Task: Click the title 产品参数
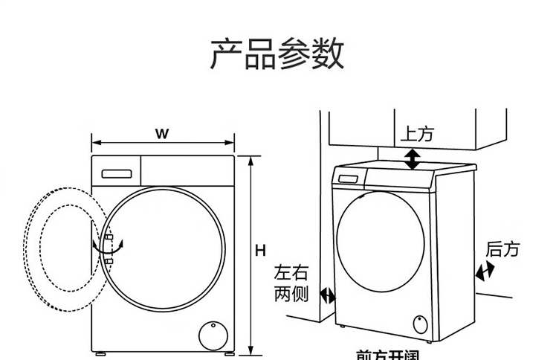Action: coord(277,55)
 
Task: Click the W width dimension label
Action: coord(162,134)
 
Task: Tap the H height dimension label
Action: coord(261,251)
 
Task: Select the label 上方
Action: coord(416,135)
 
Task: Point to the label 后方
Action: coord(502,249)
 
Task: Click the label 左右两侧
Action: coord(291,283)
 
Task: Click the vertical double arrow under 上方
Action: coord(412,158)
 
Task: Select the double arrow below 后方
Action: coord(485,273)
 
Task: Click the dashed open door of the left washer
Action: coord(56,250)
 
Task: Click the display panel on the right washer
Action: coord(349,178)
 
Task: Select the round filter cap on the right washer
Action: coord(421,324)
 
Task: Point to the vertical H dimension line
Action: coord(252,253)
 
